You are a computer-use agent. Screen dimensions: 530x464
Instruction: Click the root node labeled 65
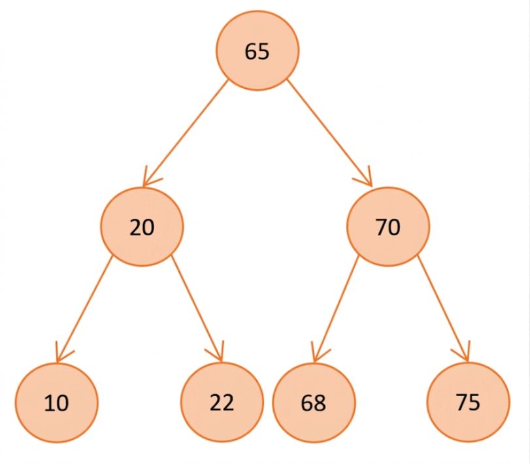(x=257, y=51)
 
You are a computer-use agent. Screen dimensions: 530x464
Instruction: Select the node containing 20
(x=142, y=227)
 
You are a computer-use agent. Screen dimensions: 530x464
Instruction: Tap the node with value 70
(x=388, y=227)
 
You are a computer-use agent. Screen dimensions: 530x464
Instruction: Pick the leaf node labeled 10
(x=56, y=403)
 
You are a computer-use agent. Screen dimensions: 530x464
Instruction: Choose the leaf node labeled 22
(x=222, y=402)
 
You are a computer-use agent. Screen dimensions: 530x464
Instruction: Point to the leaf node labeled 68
(x=314, y=403)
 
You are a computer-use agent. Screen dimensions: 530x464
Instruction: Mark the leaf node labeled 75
(x=468, y=402)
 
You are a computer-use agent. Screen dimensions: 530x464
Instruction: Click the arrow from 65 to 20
(x=185, y=133)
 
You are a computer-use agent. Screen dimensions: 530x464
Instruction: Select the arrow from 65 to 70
(x=329, y=133)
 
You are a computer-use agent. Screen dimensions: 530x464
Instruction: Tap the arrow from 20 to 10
(x=84, y=310)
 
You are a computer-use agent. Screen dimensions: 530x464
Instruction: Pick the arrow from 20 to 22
(x=197, y=308)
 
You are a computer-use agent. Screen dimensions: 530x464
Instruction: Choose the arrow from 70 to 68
(x=336, y=310)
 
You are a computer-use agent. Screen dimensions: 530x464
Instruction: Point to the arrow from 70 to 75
(x=443, y=308)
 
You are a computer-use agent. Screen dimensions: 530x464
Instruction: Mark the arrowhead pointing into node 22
(x=218, y=354)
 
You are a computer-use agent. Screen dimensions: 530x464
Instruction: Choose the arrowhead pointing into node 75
(x=464, y=353)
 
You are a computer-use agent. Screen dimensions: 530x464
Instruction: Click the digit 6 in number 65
(x=251, y=52)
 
